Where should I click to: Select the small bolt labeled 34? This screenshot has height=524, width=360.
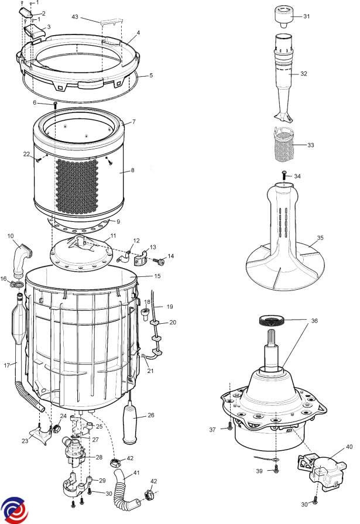[284, 174]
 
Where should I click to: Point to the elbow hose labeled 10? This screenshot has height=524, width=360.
[22, 259]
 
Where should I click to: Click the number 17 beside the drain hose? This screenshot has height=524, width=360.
[7, 365]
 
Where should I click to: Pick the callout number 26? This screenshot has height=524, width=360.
[151, 415]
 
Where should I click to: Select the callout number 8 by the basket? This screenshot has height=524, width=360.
[132, 170]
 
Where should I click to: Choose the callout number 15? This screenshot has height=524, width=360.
[157, 276]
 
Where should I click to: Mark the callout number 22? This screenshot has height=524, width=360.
[26, 154]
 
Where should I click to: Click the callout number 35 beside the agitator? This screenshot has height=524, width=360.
[320, 238]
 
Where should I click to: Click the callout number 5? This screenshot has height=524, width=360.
[151, 76]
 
